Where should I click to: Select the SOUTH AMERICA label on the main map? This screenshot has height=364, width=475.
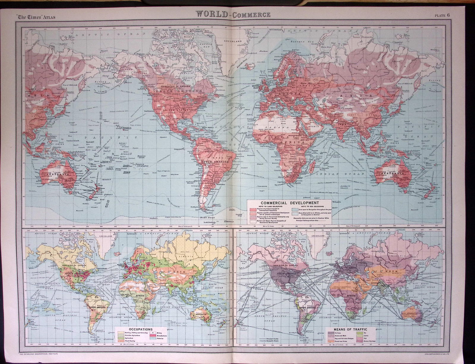(x=215, y=162)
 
